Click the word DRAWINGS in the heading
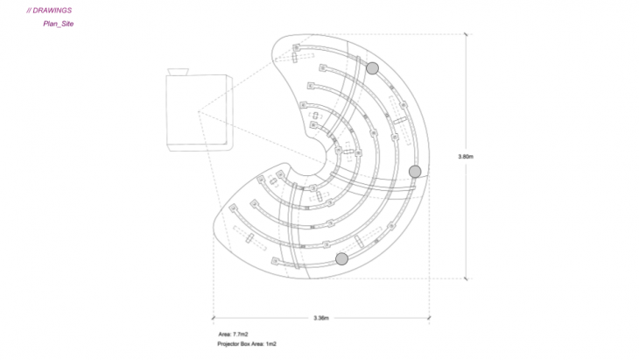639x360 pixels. (x=52, y=11)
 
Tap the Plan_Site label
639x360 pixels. (x=59, y=24)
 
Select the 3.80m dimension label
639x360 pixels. (x=466, y=157)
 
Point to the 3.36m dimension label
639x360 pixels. (x=321, y=318)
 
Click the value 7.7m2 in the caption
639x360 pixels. (x=241, y=335)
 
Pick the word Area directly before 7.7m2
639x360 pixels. (x=225, y=335)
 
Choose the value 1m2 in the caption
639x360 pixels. (x=271, y=344)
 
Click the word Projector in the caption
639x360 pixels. (x=228, y=344)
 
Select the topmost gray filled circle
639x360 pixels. (x=372, y=68)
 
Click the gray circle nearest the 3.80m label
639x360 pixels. (x=415, y=172)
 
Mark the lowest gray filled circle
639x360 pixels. (x=342, y=258)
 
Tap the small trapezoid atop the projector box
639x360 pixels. (x=178, y=72)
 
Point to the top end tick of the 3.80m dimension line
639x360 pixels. (x=466, y=34)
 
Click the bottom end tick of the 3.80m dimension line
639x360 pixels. (x=466, y=279)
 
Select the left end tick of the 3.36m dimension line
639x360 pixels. (x=213, y=318)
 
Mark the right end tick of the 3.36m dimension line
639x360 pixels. (x=429, y=318)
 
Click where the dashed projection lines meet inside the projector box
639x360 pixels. (x=198, y=111)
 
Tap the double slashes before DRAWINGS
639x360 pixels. (x=29, y=11)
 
